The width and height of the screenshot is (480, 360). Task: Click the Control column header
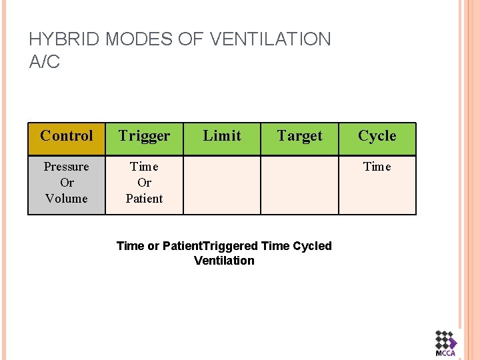tap(67, 136)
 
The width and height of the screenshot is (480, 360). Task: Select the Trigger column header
tap(144, 136)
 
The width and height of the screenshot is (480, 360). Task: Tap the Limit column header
tap(222, 136)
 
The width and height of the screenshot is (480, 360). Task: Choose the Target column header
tap(299, 136)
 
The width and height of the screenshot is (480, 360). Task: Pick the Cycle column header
tap(377, 136)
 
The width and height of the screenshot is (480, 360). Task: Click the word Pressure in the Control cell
tap(67, 167)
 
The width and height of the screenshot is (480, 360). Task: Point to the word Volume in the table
tap(67, 198)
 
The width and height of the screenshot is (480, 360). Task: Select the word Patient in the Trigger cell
tap(144, 198)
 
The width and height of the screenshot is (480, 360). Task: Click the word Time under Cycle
tap(377, 167)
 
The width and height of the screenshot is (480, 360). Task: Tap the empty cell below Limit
tap(222, 185)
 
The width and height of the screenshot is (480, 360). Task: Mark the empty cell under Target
tap(299, 185)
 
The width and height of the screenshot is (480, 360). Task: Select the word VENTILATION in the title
tap(270, 39)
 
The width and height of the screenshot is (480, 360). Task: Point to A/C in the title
tap(45, 62)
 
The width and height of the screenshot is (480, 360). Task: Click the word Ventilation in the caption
tap(224, 261)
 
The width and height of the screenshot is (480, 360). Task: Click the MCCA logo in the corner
tap(446, 344)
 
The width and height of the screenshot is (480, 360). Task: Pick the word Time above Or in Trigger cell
tap(144, 167)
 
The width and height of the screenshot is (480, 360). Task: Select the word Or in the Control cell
tap(67, 183)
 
